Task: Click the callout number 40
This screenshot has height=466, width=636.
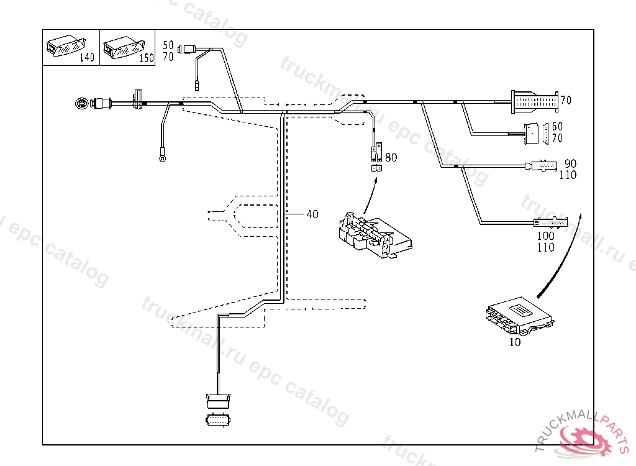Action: [x=312, y=214]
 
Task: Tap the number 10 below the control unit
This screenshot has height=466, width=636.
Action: [x=516, y=342]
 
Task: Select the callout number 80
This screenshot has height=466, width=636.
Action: [x=391, y=158]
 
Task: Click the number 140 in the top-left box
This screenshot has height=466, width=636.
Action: [x=88, y=58]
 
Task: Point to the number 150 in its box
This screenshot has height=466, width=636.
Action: [x=147, y=58]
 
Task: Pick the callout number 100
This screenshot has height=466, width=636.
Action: [x=545, y=236]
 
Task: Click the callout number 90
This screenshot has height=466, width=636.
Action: [x=570, y=164]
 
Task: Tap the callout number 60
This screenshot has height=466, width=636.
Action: [x=557, y=127]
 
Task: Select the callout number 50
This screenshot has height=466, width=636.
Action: [x=168, y=45]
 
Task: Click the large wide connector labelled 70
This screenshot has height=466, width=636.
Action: [x=534, y=101]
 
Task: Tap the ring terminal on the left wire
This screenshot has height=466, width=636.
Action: [x=163, y=158]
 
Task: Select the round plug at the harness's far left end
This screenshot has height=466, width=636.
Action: [x=81, y=103]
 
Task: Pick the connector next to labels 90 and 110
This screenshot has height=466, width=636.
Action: [x=541, y=167]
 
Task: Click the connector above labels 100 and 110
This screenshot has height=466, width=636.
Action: [x=550, y=222]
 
